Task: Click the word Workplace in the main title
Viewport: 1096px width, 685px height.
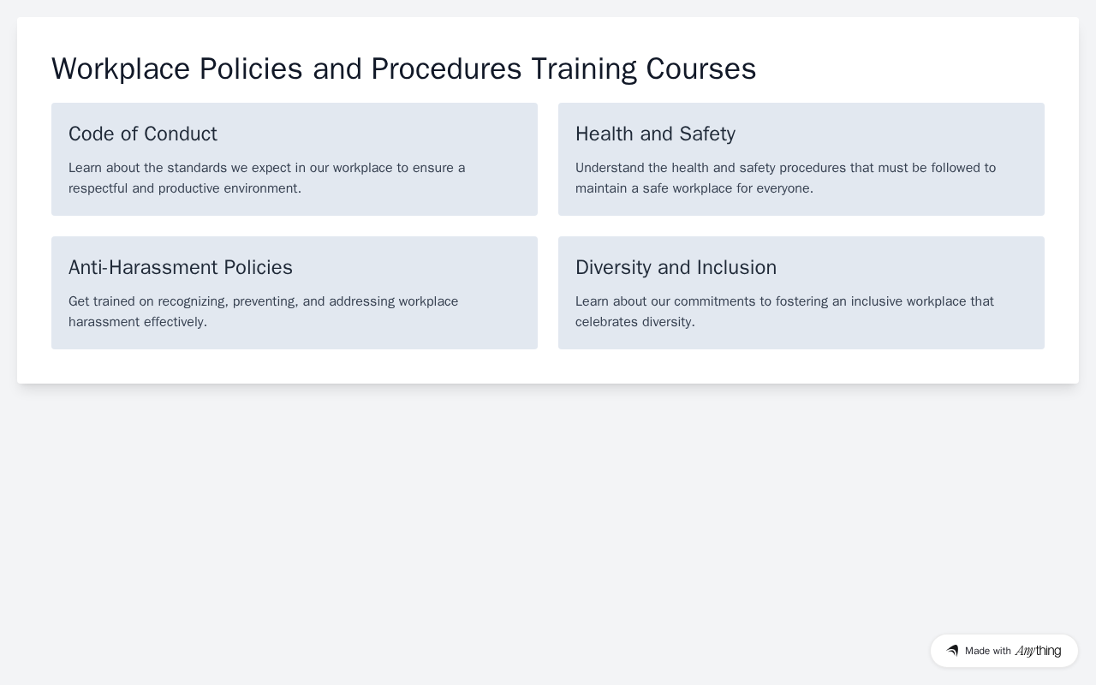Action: click(121, 69)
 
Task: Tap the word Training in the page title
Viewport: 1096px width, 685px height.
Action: click(584, 69)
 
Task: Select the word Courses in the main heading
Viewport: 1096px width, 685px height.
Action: click(701, 69)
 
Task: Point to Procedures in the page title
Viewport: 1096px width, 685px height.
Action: click(446, 69)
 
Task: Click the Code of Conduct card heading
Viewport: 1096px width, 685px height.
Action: click(143, 134)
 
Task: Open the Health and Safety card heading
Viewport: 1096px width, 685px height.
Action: click(655, 134)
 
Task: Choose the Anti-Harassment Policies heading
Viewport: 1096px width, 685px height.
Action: click(181, 267)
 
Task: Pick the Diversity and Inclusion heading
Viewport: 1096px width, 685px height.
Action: click(676, 267)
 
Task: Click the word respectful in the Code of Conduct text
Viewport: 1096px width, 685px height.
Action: click(98, 188)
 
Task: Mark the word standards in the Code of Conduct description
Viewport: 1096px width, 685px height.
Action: click(197, 168)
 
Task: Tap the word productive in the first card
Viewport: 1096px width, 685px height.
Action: click(189, 188)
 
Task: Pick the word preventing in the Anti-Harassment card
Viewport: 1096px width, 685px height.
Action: click(265, 301)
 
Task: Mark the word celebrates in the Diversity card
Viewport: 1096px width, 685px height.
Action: click(606, 322)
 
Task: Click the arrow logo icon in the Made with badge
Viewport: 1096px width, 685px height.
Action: click(952, 651)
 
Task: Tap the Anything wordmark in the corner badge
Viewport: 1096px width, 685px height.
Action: click(1039, 651)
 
